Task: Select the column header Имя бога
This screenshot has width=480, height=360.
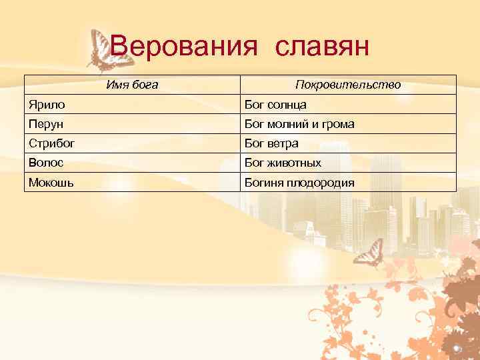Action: [133, 85]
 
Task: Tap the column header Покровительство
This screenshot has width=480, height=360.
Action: [348, 85]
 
